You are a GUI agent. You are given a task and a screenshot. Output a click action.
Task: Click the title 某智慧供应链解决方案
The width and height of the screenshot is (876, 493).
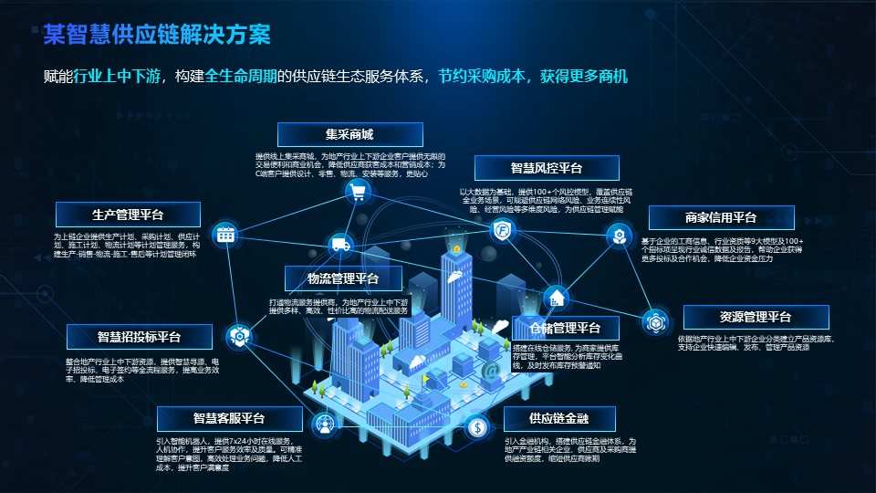[157, 36]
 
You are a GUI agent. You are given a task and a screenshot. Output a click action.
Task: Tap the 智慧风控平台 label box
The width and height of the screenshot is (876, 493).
[547, 168]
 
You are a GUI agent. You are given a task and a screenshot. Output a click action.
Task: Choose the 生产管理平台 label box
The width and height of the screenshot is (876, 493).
[129, 215]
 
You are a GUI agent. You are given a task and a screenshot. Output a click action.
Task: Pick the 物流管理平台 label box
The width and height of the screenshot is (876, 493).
[343, 278]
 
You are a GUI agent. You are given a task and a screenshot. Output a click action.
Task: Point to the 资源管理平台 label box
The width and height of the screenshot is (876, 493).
[756, 318]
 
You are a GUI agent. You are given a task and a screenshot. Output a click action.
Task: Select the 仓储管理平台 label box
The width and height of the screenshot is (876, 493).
[565, 328]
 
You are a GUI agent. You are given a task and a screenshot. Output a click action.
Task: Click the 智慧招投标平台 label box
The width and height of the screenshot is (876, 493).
[140, 337]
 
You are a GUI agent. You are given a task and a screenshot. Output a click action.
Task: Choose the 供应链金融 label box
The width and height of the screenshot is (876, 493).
[559, 419]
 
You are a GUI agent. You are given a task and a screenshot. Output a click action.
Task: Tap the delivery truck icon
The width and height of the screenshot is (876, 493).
[340, 245]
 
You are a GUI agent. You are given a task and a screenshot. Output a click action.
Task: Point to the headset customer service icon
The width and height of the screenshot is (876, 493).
[324, 424]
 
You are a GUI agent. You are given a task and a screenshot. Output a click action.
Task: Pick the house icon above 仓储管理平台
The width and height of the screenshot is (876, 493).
[555, 298]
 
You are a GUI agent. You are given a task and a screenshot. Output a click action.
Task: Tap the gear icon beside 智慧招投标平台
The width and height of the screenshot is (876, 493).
[239, 337]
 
